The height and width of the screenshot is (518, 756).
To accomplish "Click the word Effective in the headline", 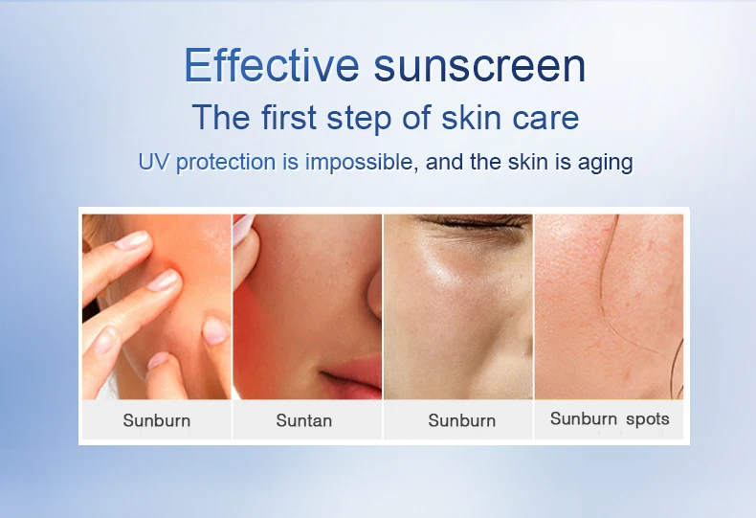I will click(271, 65).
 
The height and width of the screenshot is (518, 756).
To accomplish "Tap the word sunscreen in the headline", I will click(479, 65).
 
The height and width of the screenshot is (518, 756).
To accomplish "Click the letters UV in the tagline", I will click(153, 162).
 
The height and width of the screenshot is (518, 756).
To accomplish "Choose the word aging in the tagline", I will click(605, 163).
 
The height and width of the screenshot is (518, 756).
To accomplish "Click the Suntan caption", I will click(303, 420).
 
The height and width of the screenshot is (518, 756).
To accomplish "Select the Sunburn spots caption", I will click(610, 419).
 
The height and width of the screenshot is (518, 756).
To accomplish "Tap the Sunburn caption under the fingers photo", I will click(156, 420).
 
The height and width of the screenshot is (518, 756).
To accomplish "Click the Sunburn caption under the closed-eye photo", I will click(461, 420).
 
